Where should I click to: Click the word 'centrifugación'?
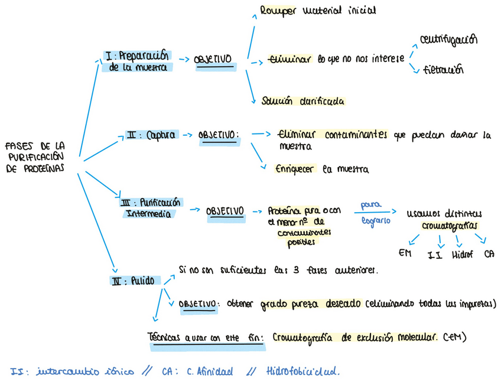click(448, 40)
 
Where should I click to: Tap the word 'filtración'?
click(443, 70)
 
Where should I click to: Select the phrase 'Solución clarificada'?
click(303, 101)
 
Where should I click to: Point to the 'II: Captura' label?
click(151, 135)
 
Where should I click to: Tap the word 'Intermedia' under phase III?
click(148, 214)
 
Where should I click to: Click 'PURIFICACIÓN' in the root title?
click(35, 157)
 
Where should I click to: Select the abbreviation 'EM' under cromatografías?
click(405, 253)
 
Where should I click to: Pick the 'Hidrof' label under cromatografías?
click(463, 255)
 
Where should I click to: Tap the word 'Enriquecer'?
click(296, 170)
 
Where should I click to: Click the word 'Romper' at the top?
click(278, 11)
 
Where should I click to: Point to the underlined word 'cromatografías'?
click(450, 226)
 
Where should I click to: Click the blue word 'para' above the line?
click(370, 206)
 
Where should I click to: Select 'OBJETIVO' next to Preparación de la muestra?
click(213, 60)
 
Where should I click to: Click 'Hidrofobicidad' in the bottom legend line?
click(303, 372)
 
